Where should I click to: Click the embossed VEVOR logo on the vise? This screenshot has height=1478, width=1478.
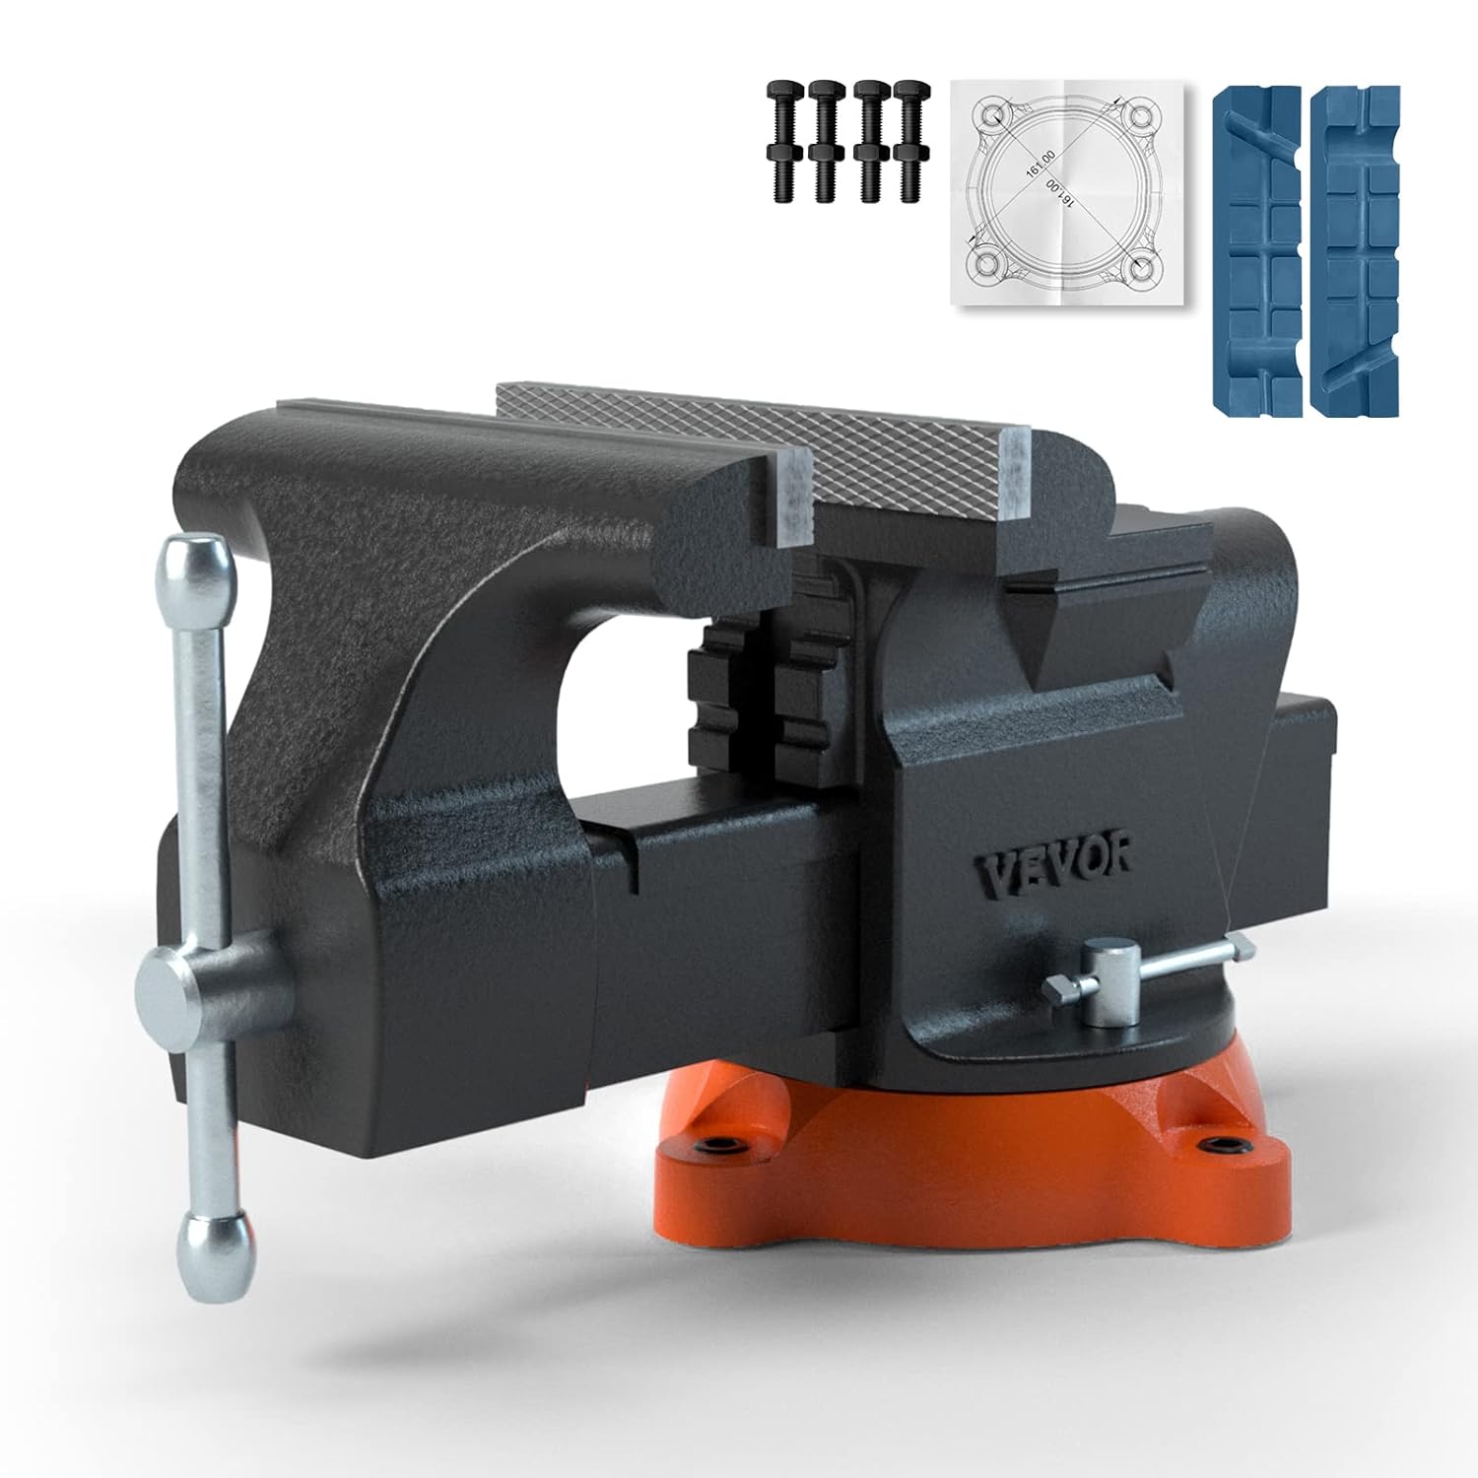point(1052,867)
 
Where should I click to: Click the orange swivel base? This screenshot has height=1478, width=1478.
point(966,1153)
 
